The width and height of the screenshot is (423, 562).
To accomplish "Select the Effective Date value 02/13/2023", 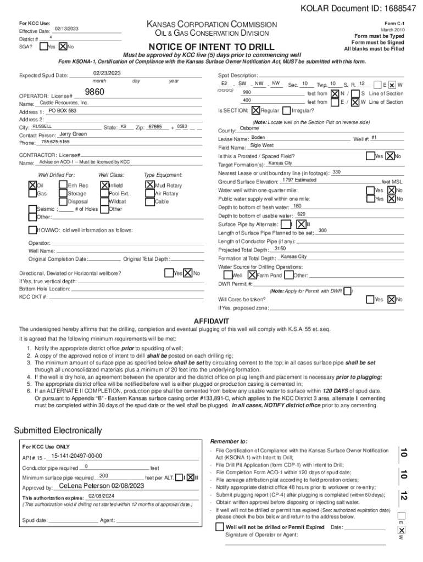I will (66, 29).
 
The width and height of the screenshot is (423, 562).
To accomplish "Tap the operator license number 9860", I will (95, 93).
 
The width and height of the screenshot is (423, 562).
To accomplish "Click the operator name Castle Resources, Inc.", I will (64, 103).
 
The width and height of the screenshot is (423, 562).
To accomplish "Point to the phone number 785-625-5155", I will (55, 142).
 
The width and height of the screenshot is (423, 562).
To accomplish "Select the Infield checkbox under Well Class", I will (104, 185).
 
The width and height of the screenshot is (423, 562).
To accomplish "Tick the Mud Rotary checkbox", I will (149, 185).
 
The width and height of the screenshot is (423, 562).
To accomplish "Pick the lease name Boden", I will (258, 137).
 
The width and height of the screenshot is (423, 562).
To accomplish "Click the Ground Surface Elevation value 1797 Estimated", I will (299, 180).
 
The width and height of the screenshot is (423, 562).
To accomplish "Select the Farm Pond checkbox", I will (252, 275).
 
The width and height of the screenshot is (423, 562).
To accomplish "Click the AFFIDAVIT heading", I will (211, 321).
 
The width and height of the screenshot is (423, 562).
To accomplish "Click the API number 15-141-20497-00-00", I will (76, 456).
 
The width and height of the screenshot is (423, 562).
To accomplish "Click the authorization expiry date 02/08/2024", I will (101, 496).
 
